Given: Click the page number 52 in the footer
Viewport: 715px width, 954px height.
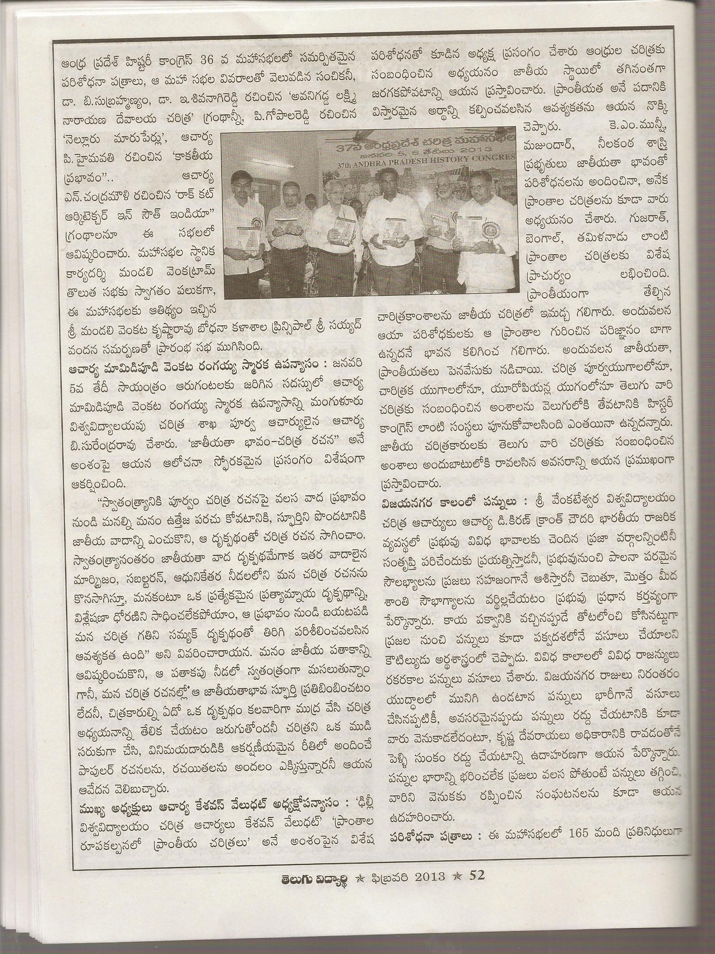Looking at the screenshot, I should coord(477,875).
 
